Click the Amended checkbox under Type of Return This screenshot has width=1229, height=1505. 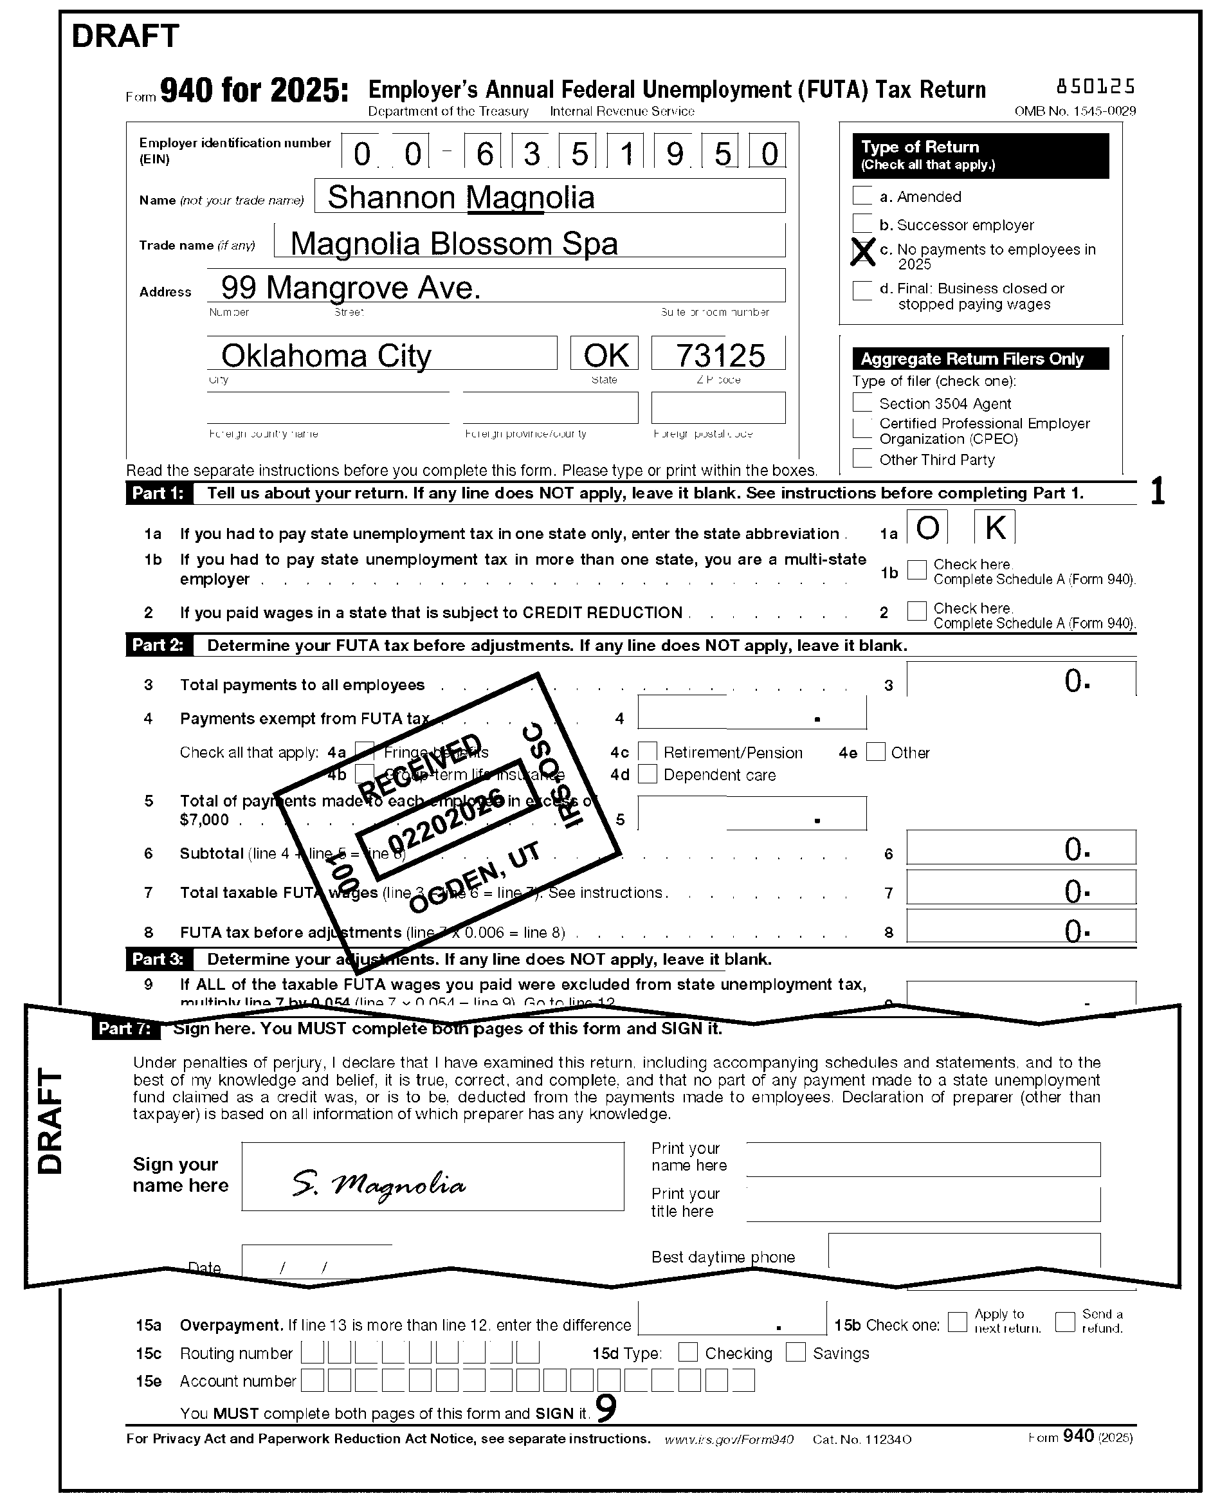tap(862, 196)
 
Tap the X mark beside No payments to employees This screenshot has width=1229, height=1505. tap(862, 252)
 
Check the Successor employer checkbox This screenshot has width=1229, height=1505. tap(862, 224)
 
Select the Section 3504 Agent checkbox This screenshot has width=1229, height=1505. tap(862, 402)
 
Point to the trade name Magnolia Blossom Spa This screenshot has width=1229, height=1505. tap(454, 244)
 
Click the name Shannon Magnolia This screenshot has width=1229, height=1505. tap(461, 197)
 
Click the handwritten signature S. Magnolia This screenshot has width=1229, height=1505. tap(379, 1183)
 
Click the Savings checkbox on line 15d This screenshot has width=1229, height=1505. tap(796, 1352)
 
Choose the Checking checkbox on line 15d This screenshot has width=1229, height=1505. tap(687, 1352)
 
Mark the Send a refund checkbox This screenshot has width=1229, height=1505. tap(1065, 1322)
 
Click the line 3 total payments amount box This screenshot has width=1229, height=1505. tap(1020, 680)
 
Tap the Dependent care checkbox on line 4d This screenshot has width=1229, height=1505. tap(647, 774)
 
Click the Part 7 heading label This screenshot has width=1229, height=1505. tap(125, 1028)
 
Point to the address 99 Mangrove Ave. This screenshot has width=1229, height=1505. tap(351, 287)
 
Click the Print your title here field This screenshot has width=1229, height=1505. tap(922, 1204)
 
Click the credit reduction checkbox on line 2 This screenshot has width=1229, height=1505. tap(917, 611)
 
